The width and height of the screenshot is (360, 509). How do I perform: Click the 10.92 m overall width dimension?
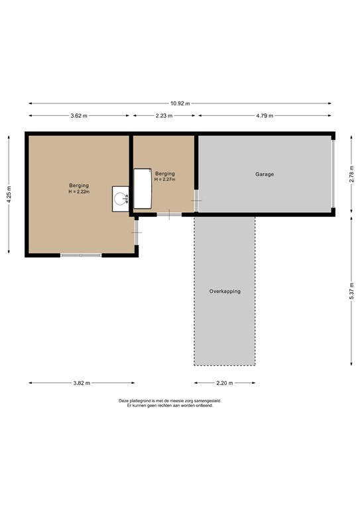pyautogui.click(x=180, y=103)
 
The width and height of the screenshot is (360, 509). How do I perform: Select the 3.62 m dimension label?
pyautogui.click(x=79, y=116)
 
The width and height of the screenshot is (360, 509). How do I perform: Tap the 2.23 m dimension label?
pyautogui.click(x=164, y=116)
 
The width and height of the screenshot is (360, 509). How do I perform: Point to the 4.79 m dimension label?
pyautogui.click(x=265, y=116)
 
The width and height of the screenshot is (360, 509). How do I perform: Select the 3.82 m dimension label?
pyautogui.click(x=81, y=383)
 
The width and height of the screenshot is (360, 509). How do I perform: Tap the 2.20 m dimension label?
pyautogui.click(x=225, y=383)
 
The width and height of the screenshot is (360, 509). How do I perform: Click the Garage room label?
pyautogui.click(x=265, y=174)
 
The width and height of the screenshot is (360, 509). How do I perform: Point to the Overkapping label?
pyautogui.click(x=225, y=292)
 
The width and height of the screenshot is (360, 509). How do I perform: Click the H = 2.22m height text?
pyautogui.click(x=79, y=192)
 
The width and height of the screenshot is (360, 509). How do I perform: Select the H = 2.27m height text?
pyautogui.click(x=164, y=179)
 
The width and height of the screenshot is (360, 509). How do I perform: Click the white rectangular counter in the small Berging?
pyautogui.click(x=143, y=188)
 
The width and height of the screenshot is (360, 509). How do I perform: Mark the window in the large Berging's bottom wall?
pyautogui.click(x=81, y=254)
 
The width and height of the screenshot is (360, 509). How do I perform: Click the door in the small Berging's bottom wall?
pyautogui.click(x=169, y=213)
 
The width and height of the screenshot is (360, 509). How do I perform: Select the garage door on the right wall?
pyautogui.click(x=333, y=174)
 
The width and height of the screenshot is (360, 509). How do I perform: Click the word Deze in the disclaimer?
pyautogui.click(x=124, y=401)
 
